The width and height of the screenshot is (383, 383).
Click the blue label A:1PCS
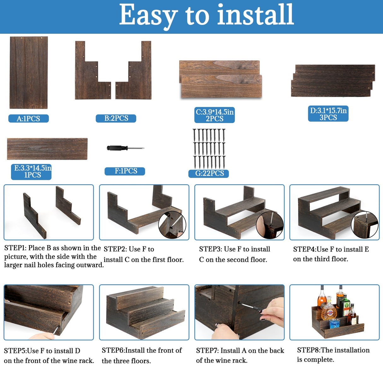tap(28, 118)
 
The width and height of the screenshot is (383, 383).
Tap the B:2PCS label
tap(116, 118)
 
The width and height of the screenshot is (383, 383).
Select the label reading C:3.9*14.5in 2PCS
tap(215, 115)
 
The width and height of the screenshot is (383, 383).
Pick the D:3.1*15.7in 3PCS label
tap(328, 114)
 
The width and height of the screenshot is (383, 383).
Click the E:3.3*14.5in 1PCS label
tap(31, 172)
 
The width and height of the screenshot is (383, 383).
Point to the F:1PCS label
tap(125, 171)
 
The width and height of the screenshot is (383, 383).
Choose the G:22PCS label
tap(209, 174)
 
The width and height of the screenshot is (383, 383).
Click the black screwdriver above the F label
tap(126, 148)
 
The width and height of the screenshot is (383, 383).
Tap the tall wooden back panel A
tap(29, 73)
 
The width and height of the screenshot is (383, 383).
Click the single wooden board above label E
tap(47, 149)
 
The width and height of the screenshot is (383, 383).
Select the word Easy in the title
tap(148, 16)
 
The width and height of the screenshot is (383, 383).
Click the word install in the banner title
tap(256, 14)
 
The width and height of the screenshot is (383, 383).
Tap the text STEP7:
tap(207, 351)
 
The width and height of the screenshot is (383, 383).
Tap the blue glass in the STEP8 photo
tap(334, 323)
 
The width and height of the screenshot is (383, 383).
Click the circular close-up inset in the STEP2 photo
tap(172, 225)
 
